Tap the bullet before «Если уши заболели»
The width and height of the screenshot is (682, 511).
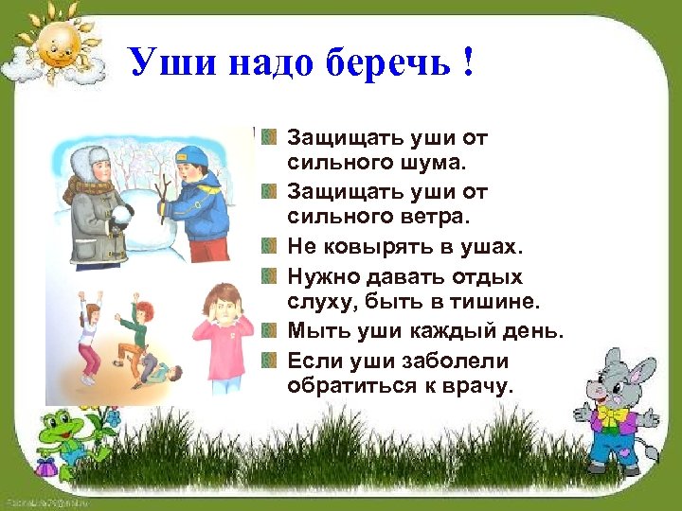pos(270,361)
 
